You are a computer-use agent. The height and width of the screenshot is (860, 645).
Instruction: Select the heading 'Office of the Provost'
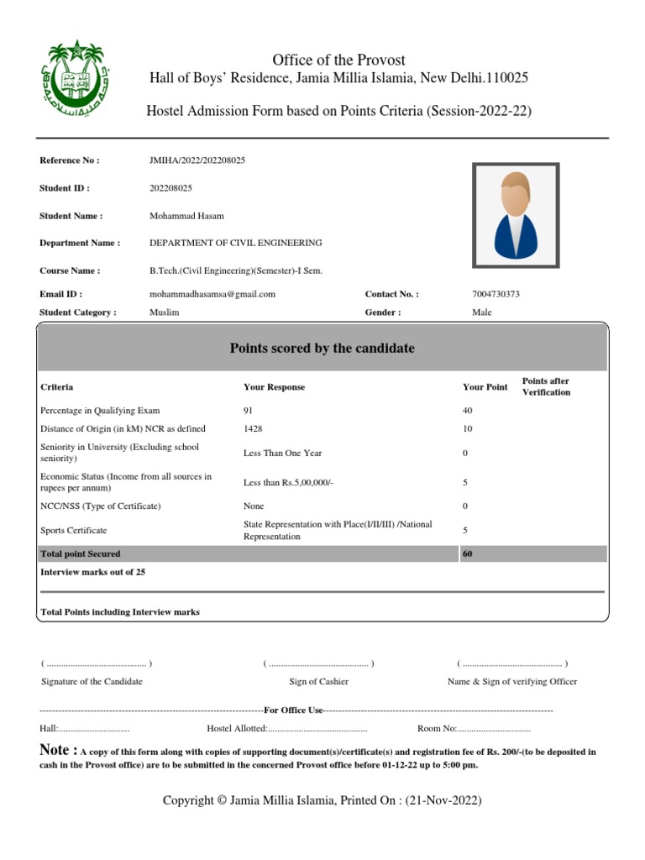[338, 60]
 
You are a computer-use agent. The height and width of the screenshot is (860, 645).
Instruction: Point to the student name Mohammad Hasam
[186, 216]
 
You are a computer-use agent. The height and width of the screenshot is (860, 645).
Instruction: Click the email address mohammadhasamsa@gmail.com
[212, 295]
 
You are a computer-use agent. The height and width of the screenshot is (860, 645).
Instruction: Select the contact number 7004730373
[502, 295]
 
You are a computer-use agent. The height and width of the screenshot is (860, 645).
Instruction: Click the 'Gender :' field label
[383, 312]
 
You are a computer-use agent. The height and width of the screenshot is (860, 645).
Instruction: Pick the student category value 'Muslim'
[164, 312]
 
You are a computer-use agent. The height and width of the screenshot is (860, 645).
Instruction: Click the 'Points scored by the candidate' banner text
[322, 349]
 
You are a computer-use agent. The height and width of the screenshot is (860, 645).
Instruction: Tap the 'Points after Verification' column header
[546, 386]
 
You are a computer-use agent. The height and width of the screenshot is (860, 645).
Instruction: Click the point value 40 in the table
[468, 411]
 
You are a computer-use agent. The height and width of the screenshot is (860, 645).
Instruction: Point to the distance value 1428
[253, 429]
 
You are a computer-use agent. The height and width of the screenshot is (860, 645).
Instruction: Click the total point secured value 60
[468, 554]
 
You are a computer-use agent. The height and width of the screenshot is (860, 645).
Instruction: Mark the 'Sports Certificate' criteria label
[74, 531]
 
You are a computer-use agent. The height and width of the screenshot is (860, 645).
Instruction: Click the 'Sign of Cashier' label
[318, 682]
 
